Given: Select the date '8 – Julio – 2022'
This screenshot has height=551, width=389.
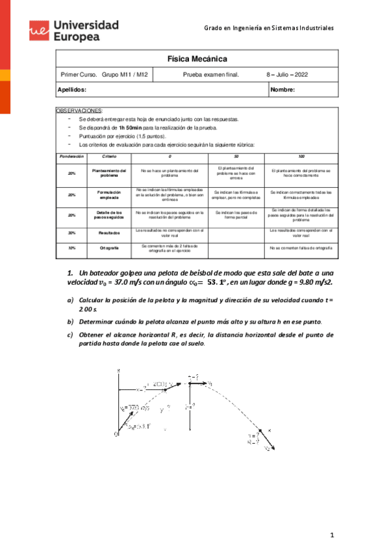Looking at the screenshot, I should [287, 75].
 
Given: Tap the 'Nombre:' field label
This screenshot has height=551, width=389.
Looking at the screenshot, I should [282, 90].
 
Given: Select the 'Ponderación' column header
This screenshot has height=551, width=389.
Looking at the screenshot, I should [71, 157].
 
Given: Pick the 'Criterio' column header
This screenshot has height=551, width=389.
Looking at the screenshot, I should [110, 157].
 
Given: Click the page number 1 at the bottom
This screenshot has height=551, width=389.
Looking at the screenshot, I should [331, 535].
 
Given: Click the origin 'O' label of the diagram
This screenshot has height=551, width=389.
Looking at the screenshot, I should [117, 434].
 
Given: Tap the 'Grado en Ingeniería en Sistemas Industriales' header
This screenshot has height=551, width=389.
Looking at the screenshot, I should [269, 28].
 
